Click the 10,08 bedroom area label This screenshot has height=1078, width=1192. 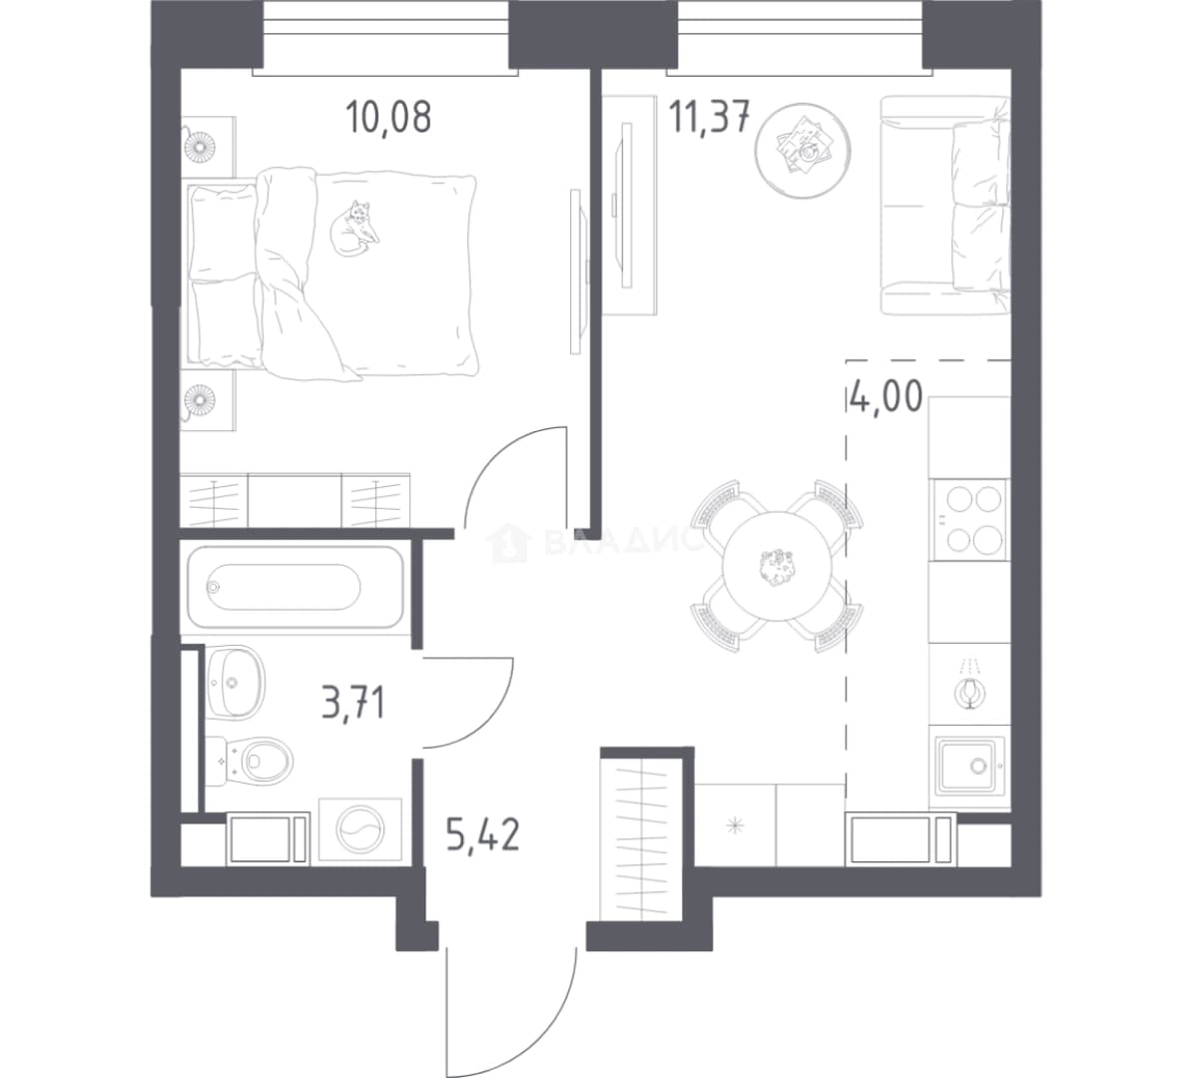click(388, 117)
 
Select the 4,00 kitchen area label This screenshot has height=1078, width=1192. click(887, 396)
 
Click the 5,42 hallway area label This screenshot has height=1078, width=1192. click(483, 834)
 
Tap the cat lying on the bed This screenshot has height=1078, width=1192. click(354, 228)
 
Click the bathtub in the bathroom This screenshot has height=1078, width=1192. click(296, 587)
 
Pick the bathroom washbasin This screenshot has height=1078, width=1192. click(235, 681)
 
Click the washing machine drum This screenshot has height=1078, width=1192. click(359, 830)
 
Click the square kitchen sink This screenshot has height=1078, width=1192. click(967, 766)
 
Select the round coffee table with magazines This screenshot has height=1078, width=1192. click(803, 151)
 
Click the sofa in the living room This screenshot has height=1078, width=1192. click(945, 206)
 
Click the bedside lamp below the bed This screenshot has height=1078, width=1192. click(201, 398)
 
